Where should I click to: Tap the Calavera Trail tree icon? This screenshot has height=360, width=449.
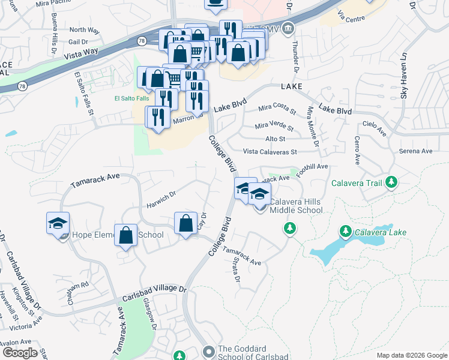[392, 181]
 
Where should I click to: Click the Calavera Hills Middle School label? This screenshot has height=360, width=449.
[296, 206]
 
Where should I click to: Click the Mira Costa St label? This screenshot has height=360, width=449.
[277, 110]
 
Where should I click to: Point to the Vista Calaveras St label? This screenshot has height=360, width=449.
[270, 152]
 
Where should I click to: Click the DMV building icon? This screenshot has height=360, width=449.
[288, 28]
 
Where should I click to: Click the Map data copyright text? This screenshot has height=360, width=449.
[411, 355]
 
